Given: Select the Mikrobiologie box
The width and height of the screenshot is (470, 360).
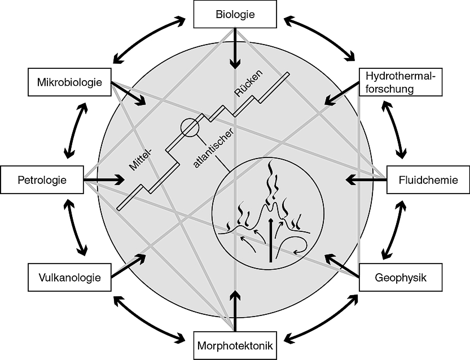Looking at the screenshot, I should click(71, 82).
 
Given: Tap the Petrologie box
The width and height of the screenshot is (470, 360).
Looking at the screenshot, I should click(42, 181).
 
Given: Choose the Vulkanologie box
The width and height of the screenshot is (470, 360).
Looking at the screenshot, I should click(70, 277).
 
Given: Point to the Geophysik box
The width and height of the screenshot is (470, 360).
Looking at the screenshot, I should click(400, 277).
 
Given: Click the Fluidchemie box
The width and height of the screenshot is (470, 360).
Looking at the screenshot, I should click(427, 181).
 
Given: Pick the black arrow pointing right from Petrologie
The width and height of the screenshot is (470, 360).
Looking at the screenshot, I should click(105, 181).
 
